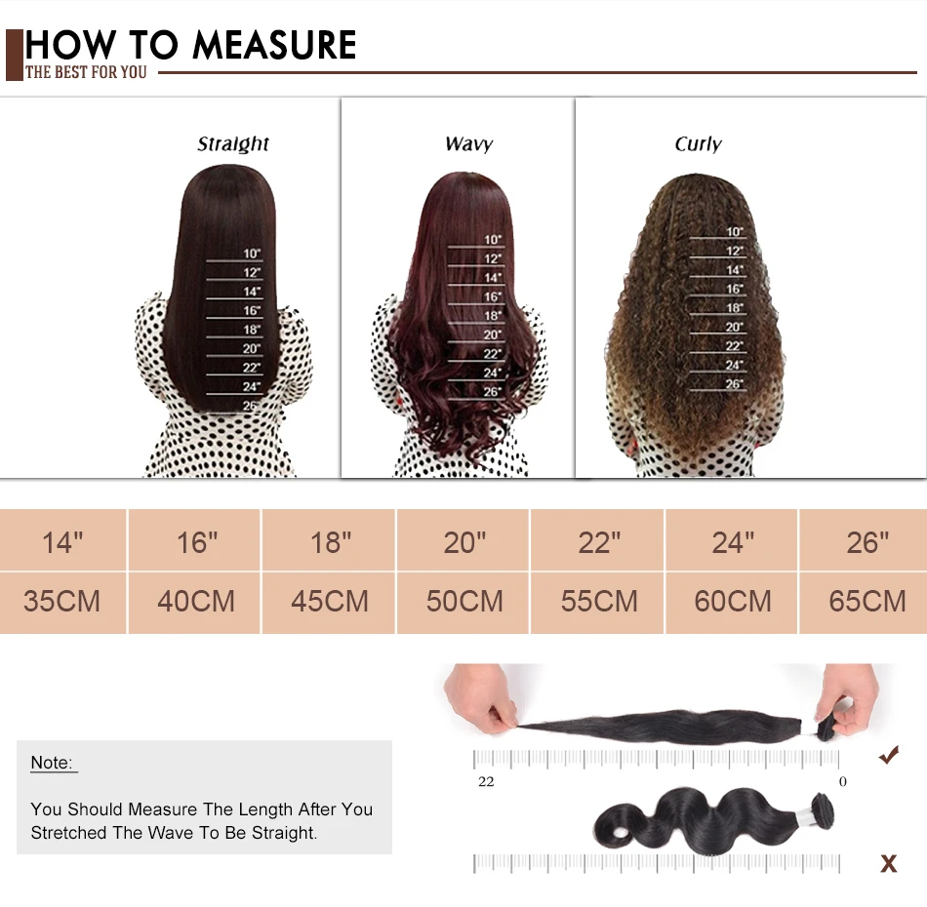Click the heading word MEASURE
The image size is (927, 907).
tap(274, 45)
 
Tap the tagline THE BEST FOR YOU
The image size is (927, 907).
tap(86, 73)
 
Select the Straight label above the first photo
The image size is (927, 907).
tap(233, 144)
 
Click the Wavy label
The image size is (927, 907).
tap(468, 144)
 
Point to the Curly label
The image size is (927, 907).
tap(698, 144)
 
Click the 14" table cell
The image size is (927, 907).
tap(62, 541)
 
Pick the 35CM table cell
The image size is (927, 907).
tap(62, 601)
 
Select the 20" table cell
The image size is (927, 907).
tap(464, 541)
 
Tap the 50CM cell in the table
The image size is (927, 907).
tap(464, 601)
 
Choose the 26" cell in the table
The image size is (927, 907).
tap(867, 541)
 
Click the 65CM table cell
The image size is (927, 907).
tap(867, 601)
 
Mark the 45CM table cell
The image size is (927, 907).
tap(330, 601)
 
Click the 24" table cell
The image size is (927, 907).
tap(733, 541)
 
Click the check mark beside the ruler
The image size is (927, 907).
tap(888, 754)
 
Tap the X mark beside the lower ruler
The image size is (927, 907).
tap(888, 863)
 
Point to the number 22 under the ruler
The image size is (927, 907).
tap(486, 781)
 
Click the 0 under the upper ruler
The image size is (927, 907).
tap(843, 781)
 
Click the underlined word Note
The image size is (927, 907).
tap(52, 763)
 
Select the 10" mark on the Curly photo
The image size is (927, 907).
tap(735, 232)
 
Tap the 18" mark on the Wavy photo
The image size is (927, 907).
tap(494, 316)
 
